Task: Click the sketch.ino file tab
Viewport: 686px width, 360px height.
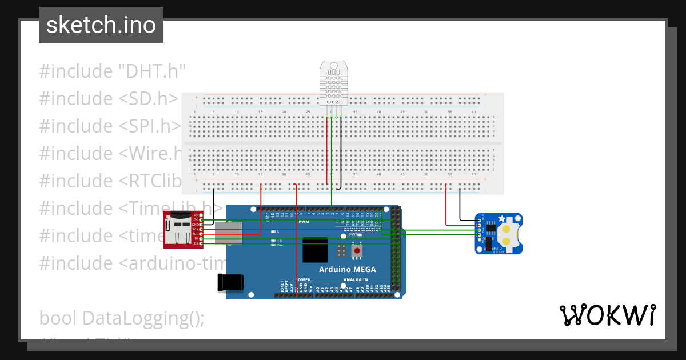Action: [101, 25]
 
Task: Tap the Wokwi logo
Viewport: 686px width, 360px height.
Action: [607, 315]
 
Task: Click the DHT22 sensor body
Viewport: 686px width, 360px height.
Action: [333, 83]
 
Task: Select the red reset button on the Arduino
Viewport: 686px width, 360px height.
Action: [357, 250]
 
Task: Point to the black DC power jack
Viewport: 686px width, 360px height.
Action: [231, 282]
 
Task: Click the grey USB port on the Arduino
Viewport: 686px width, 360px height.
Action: [230, 234]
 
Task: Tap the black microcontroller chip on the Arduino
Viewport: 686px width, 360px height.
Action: [315, 250]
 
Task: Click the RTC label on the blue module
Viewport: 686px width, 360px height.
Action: [497, 249]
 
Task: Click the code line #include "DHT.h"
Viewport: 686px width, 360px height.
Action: [113, 71]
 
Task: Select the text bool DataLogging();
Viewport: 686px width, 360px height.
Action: [121, 318]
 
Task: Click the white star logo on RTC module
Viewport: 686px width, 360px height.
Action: [502, 218]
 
